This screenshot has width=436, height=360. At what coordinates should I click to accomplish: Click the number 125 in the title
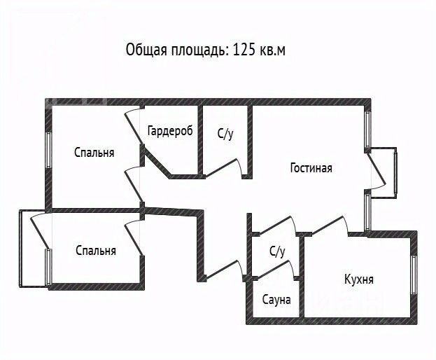pos(243,50)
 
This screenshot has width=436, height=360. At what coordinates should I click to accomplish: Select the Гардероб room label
pos(170,131)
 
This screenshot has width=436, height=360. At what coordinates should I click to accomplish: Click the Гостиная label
pos(311,168)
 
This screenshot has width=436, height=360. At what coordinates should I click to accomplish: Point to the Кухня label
pos(359,279)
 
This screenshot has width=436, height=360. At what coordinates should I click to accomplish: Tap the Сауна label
pos(276,300)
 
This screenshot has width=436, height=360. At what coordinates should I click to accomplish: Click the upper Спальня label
pos(94,153)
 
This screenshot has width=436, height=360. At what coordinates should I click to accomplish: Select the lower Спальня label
pos(96,250)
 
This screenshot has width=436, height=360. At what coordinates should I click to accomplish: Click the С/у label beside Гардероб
pos(225,134)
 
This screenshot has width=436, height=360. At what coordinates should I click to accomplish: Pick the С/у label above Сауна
pos(277,251)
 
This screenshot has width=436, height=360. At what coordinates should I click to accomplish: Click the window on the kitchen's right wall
pos(414,275)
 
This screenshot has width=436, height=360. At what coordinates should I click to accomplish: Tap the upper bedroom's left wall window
pos(49,150)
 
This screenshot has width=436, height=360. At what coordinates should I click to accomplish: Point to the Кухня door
pos(330,225)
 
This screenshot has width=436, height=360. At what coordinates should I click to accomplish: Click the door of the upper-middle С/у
pos(224,167)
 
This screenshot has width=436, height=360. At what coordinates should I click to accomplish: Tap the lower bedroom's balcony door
pos(40,231)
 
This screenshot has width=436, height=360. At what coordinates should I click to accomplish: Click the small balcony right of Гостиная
pos(384,172)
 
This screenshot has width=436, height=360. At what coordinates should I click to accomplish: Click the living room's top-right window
pos(368,130)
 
